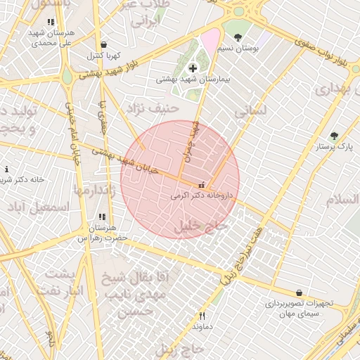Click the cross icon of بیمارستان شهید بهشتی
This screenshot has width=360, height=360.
click(x=193, y=68)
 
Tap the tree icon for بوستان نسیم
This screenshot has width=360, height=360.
click(x=238, y=37)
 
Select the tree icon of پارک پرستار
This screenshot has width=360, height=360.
click(x=334, y=136)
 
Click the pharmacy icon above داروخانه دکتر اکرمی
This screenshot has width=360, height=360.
click(x=202, y=185)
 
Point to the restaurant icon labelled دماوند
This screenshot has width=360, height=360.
click(x=202, y=316)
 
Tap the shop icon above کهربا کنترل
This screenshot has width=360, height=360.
click(x=104, y=44)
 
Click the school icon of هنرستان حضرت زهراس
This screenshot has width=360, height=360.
click(x=103, y=217)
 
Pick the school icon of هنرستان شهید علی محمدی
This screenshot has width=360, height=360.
click(x=51, y=22)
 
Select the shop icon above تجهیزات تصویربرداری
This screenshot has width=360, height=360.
click(x=300, y=292)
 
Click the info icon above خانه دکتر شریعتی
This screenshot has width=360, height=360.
click(x=6, y=169)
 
